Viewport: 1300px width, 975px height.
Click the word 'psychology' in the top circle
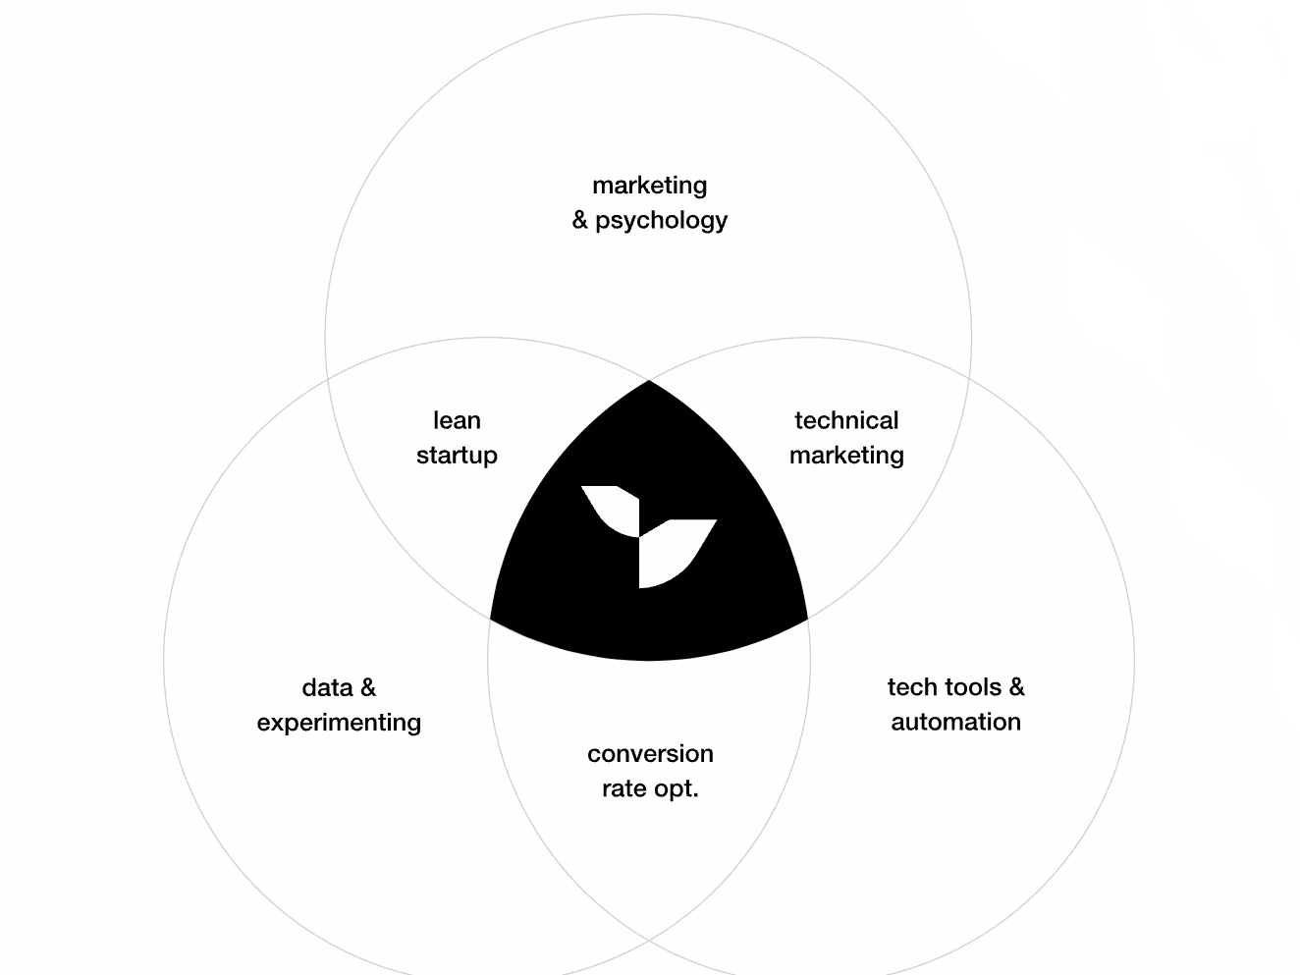661,220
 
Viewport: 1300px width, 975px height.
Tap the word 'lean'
457,420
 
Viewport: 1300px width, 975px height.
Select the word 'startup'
457,455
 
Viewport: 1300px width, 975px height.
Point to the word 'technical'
846,420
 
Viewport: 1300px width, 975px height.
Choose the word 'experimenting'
339,723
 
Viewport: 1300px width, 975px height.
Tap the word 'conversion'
650,753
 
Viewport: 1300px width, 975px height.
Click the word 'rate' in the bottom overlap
623,788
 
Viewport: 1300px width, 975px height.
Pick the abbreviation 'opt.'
675,789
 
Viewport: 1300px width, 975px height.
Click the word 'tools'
971,687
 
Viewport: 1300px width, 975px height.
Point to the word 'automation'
955,722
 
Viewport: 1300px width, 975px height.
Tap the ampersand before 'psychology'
580,220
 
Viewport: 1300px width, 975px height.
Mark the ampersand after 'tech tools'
1016,687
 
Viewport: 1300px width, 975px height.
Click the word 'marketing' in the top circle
649,185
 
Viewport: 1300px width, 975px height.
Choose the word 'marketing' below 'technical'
846,455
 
